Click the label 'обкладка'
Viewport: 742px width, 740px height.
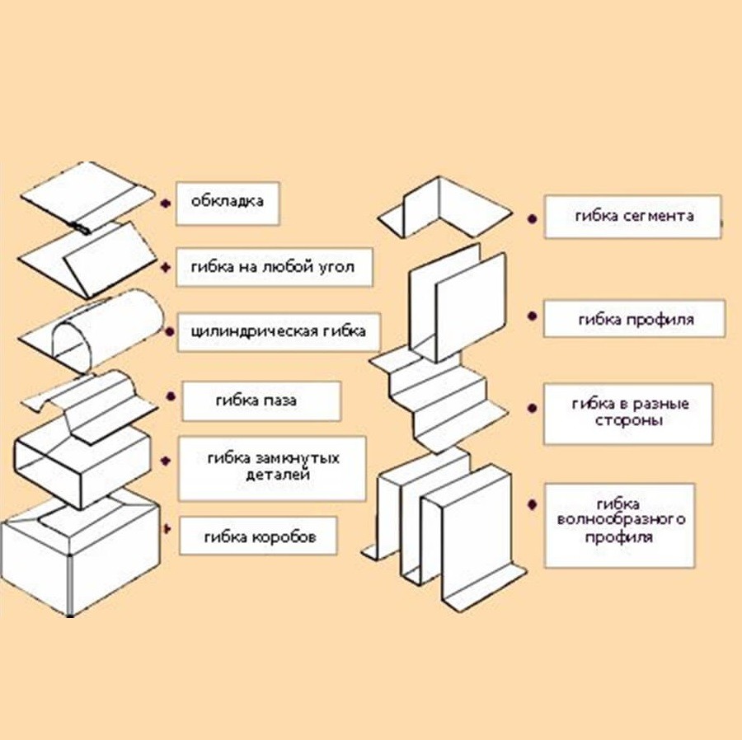pos(228,201)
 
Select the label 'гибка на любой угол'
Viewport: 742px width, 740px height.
pos(273,267)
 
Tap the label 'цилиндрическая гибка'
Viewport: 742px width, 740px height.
pos(279,331)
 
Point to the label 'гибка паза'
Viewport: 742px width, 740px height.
pos(256,400)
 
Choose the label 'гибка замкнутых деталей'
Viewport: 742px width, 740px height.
pos(274,466)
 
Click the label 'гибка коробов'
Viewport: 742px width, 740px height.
pos(260,537)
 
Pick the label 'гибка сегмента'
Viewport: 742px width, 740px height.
pos(635,216)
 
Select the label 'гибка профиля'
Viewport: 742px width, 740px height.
pos(636,320)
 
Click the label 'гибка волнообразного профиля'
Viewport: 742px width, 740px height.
pos(621,520)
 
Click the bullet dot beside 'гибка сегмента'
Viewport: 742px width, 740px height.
pos(533,219)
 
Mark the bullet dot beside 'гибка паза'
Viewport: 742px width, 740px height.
pos(171,396)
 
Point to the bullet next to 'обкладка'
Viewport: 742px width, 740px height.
pos(165,204)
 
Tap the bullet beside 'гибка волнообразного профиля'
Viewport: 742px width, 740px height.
pos(532,504)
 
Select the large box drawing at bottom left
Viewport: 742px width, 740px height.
pos(79,553)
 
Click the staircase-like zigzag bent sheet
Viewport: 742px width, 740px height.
pos(438,397)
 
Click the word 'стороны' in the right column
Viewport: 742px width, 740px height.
pos(628,420)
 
